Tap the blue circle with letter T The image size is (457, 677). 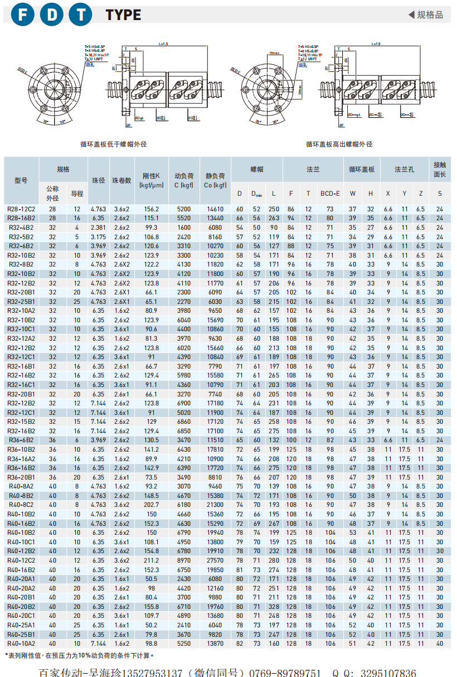point(81,15)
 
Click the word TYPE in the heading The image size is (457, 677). point(123,15)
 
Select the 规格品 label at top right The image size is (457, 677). point(426,15)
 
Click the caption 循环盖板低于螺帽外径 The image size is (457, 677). point(114,144)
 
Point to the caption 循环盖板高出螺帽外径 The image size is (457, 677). point(339,144)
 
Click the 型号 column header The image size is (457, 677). point(21,180)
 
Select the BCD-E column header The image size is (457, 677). point(330,194)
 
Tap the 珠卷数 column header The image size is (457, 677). point(121,180)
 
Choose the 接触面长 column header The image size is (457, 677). point(440,170)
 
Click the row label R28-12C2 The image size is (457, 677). point(21,209)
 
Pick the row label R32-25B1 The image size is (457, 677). point(21,302)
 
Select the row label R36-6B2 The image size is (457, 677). point(21,440)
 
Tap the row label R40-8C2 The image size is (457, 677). point(21,505)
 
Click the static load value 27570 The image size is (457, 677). point(215,560)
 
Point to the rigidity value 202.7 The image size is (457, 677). point(152,505)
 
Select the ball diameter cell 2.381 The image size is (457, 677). point(98,228)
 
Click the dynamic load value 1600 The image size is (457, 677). point(183,228)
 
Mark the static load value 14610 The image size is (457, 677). point(215,209)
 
